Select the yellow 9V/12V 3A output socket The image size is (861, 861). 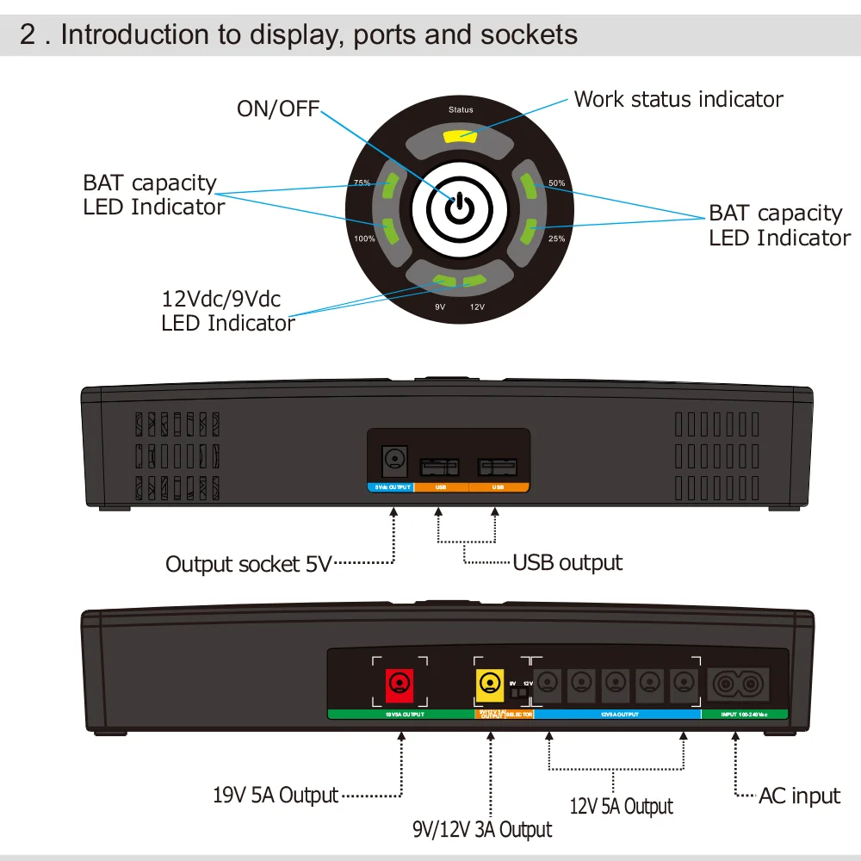pos(490,685)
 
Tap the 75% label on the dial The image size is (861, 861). pos(362,183)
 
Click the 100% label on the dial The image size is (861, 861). pos(364,238)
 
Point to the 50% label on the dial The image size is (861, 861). pos(557,183)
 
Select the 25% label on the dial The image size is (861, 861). pos(557,238)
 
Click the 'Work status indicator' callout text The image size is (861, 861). pos(678,99)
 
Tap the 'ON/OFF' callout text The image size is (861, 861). pos(277,108)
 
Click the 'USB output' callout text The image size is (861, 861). pos(567,563)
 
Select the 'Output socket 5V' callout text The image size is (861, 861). pos(247,565)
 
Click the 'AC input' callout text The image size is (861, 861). pos(799,796)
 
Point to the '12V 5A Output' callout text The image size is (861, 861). pos(621,807)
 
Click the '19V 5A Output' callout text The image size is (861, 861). pos(276,795)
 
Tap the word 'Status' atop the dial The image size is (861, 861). pos(461,110)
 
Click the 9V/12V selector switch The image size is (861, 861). pos(518,691)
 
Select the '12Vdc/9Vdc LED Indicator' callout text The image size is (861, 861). pos(228,312)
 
